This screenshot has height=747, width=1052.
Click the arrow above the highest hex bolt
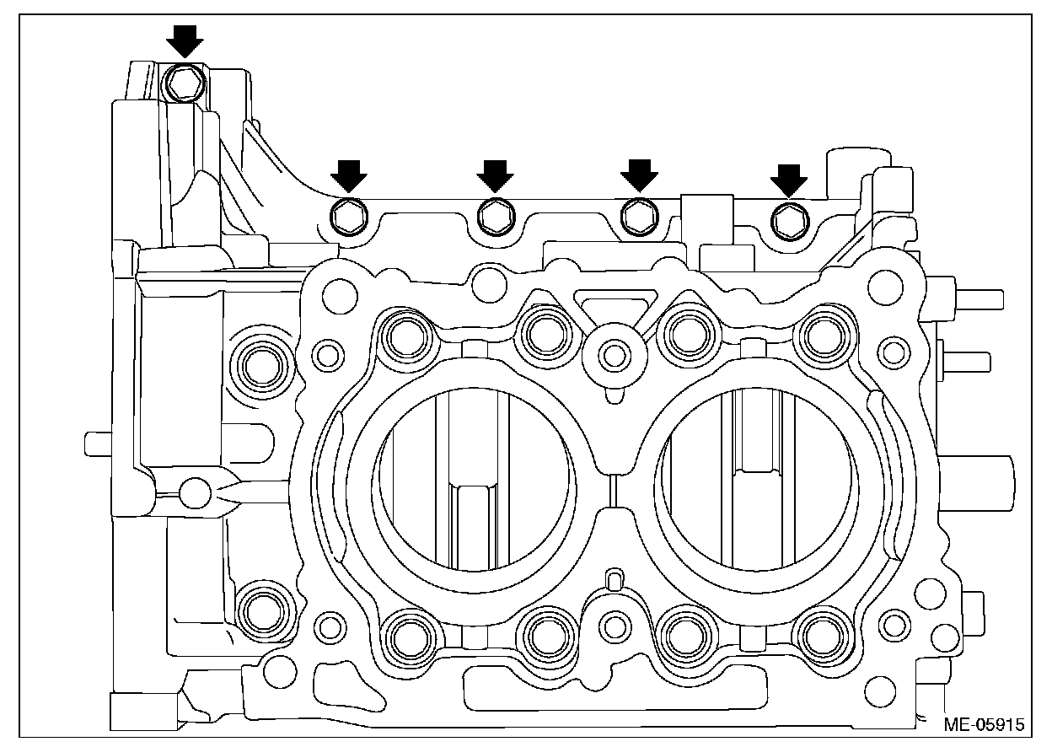click(185, 40)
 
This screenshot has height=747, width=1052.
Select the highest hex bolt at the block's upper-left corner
click(184, 82)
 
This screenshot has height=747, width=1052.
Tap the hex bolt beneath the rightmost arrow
click(789, 220)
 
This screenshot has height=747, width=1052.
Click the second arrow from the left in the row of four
click(495, 175)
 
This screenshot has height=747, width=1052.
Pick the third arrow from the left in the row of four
click(639, 175)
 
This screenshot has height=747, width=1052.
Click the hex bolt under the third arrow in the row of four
click(638, 217)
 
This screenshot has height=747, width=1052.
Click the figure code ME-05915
click(983, 723)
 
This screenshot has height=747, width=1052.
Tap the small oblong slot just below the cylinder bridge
click(615, 579)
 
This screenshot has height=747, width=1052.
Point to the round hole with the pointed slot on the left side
click(196, 492)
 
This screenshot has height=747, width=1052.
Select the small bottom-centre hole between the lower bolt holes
click(617, 626)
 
